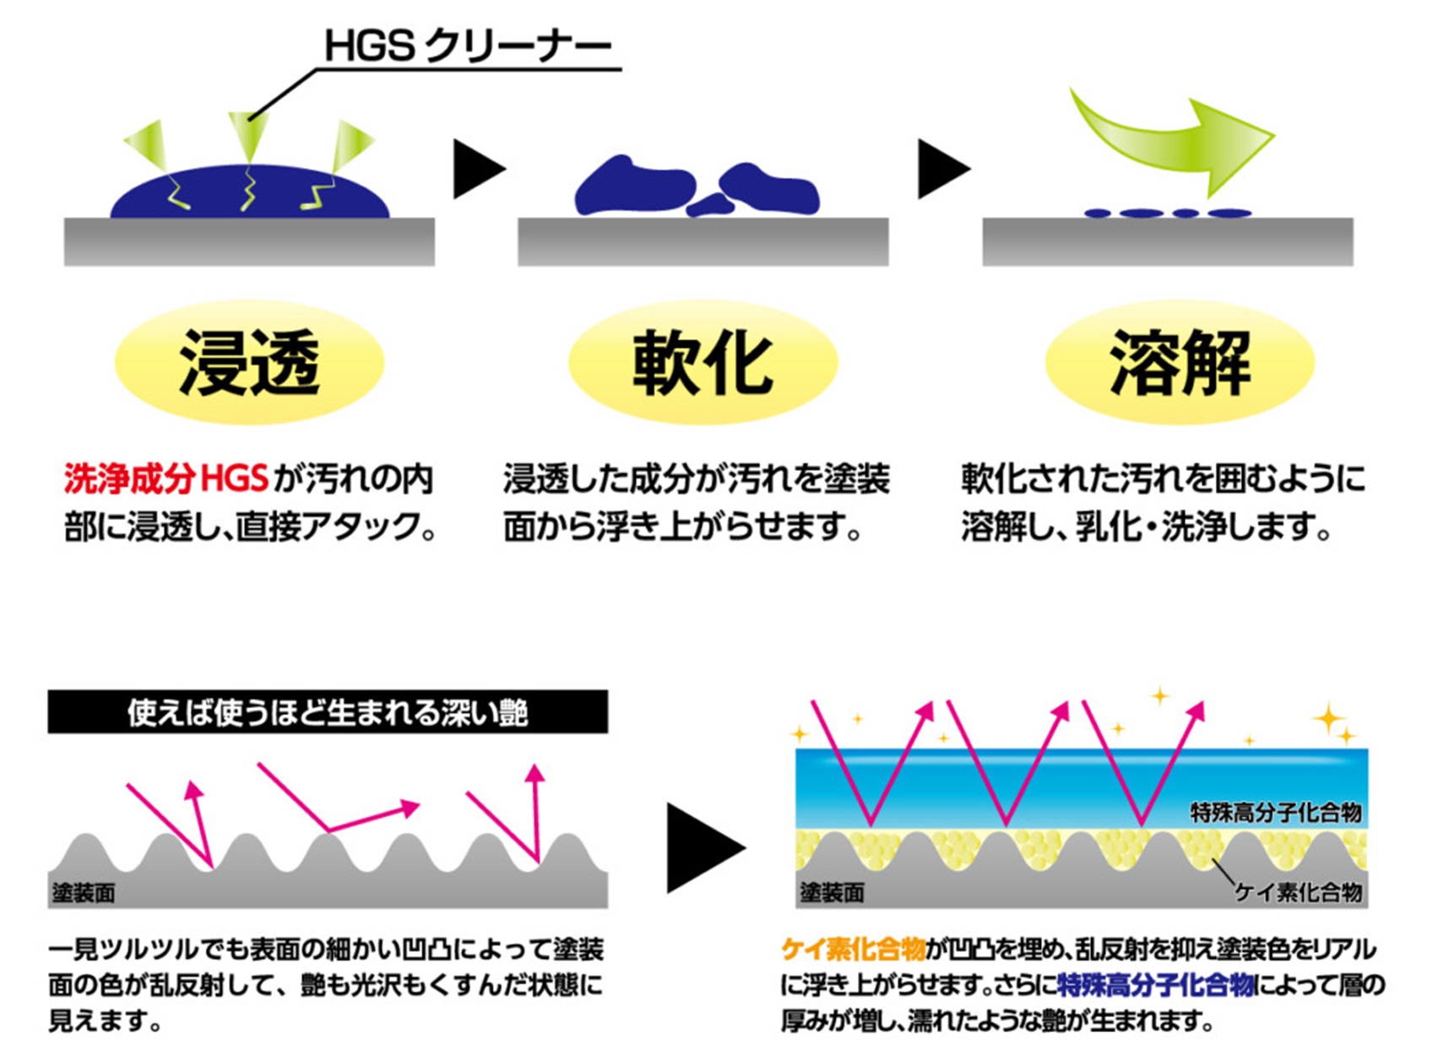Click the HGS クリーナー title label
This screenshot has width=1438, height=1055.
tap(468, 47)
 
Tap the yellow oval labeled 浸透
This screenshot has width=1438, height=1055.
tap(250, 363)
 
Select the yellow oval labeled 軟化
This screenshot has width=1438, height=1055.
tap(703, 363)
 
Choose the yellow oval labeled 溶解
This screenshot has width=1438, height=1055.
tap(1180, 363)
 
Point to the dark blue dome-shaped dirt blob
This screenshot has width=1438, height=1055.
tap(250, 192)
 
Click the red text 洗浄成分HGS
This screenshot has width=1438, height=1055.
tap(166, 479)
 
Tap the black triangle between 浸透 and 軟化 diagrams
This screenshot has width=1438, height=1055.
tap(479, 169)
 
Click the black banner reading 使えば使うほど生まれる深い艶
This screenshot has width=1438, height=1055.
tap(328, 712)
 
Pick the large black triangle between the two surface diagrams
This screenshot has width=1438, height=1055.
tap(706, 848)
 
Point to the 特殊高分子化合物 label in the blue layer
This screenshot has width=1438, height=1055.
tap(1276, 813)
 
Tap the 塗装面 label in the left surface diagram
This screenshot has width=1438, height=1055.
tap(84, 893)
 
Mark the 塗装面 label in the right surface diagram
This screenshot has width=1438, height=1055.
tap(832, 893)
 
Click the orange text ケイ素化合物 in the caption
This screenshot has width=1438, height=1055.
tap(853, 949)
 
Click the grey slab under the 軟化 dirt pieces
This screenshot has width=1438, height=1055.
tap(703, 242)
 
